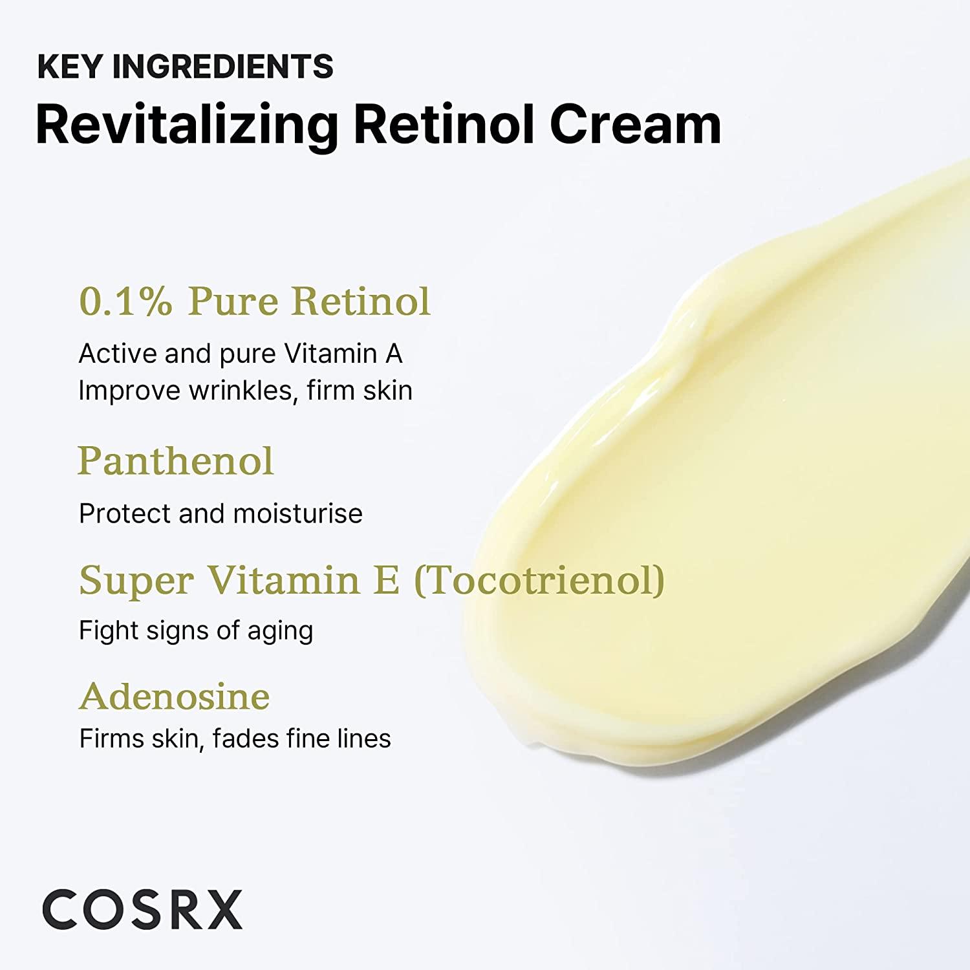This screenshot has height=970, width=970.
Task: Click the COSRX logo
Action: pos(142,909)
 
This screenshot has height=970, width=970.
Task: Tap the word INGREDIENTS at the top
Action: pos(222,67)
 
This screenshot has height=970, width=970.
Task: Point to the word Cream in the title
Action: pos(635,125)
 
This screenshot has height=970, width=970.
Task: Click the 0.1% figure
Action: pos(125,301)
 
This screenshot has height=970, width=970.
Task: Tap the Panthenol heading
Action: pos(176,461)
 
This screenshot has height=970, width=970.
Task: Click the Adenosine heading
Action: pos(175,696)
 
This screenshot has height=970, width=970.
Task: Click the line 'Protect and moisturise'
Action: pos(221,513)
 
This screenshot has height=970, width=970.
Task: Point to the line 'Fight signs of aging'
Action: pos(196,630)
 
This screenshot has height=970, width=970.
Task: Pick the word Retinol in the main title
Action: pos(445,125)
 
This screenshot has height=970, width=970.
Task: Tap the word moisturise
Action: pos(297,513)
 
